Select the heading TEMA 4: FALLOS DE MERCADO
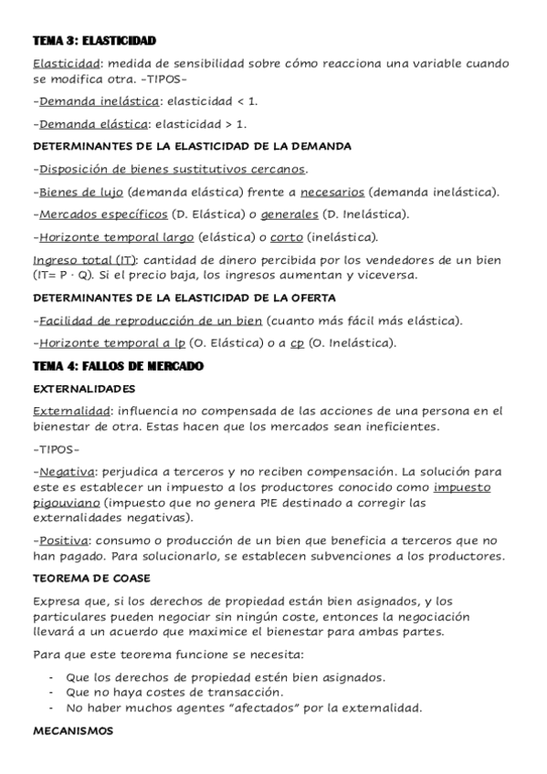pyautogui.click(x=118, y=366)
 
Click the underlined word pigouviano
pyautogui.click(x=66, y=502)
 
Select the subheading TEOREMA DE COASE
pyautogui.click(x=92, y=579)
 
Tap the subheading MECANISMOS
pyautogui.click(x=71, y=730)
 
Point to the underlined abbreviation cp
pyautogui.click(x=297, y=343)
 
